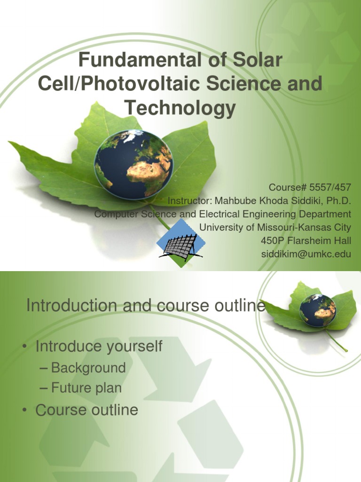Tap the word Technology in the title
pyautogui.click(x=180, y=108)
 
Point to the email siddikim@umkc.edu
pyautogui.click(x=306, y=254)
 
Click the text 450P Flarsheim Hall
pyautogui.click(x=306, y=241)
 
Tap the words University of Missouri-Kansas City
pyautogui.click(x=275, y=227)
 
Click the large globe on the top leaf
pyautogui.click(x=133, y=164)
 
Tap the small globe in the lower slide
pyautogui.click(x=318, y=310)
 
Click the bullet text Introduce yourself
pyautogui.click(x=99, y=346)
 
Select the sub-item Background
pyautogui.click(x=88, y=368)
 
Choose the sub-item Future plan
pyautogui.click(x=86, y=388)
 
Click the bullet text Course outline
pyautogui.click(x=87, y=410)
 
